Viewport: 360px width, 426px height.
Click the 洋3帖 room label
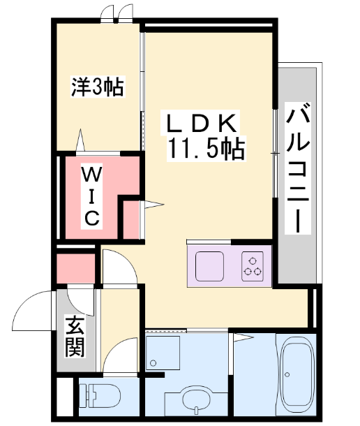pyautogui.click(x=98, y=87)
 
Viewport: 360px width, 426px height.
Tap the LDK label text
pyautogui.click(x=201, y=124)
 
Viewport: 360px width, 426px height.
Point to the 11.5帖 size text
pyautogui.click(x=207, y=149)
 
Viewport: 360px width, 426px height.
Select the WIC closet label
pyautogui.click(x=92, y=196)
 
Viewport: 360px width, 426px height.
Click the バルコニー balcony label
pyautogui.click(x=297, y=168)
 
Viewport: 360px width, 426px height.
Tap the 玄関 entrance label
pyautogui.click(x=75, y=336)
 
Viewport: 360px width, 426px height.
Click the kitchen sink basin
pyautogui.click(x=210, y=267)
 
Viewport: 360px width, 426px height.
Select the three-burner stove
pyautogui.click(x=253, y=266)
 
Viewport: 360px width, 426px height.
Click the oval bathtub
pyautogui.click(x=297, y=374)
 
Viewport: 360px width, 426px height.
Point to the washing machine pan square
pyautogui.click(x=163, y=353)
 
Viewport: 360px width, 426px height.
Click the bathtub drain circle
pyautogui.click(x=287, y=374)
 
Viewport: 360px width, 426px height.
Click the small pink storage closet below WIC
pyautogui.click(x=75, y=268)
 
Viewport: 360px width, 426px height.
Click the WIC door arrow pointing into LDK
pyautogui.click(x=153, y=205)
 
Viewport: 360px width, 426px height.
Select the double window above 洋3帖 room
pyautogui.click(x=117, y=14)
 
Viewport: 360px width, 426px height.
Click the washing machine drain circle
pyautogui.click(x=153, y=362)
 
